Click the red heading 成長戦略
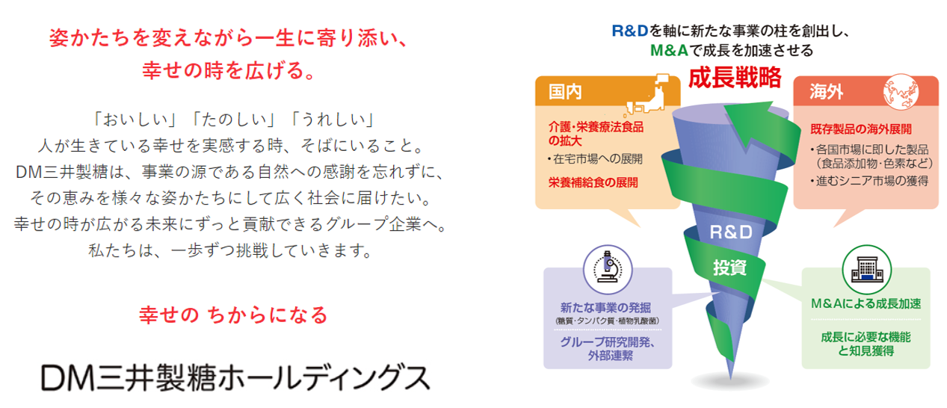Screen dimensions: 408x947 tap(735, 77)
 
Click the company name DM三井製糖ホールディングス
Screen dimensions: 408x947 tap(235, 378)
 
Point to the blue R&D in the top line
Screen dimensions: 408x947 tap(630, 31)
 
